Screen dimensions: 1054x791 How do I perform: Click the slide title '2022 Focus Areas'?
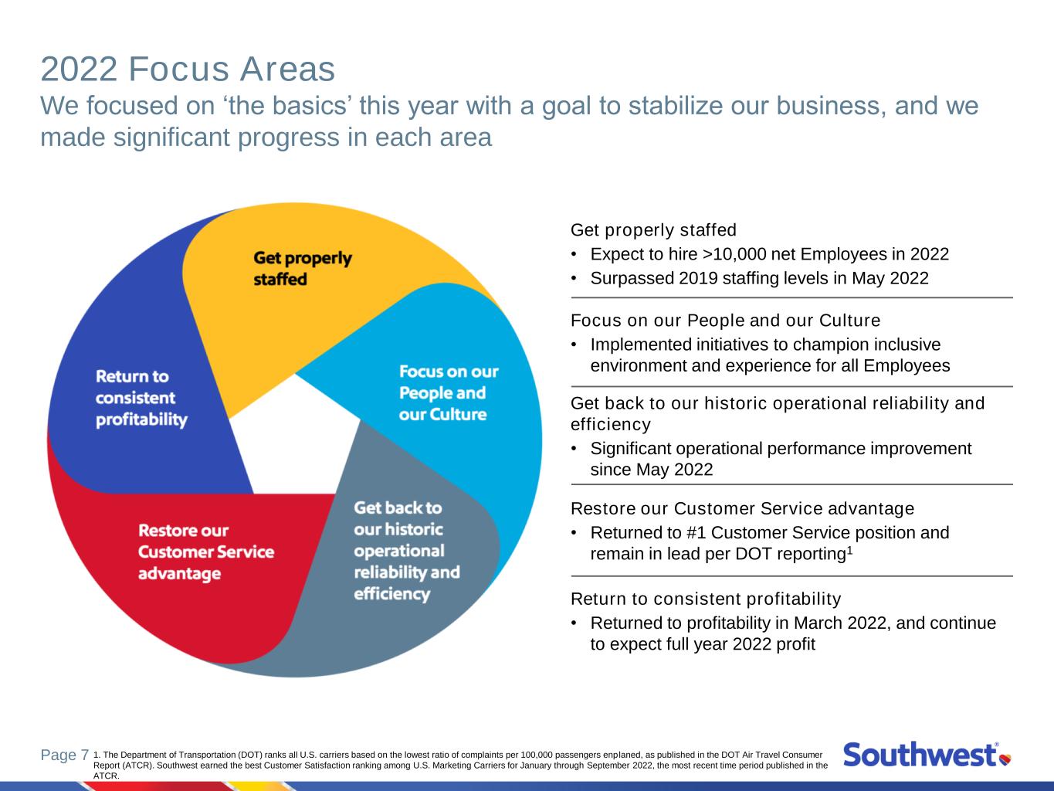tap(188, 69)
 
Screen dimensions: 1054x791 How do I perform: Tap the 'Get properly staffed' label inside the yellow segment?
tap(303, 268)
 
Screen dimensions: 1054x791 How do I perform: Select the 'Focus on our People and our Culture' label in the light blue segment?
tap(449, 393)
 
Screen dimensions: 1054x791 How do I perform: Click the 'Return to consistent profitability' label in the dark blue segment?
tap(141, 398)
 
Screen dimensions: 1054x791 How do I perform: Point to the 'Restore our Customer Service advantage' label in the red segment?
tap(206, 552)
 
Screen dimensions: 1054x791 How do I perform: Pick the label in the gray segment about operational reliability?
tap(407, 551)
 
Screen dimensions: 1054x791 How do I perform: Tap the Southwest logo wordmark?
tap(920, 755)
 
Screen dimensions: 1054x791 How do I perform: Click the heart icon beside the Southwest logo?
tap(1005, 759)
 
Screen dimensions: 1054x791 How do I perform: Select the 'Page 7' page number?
tap(65, 755)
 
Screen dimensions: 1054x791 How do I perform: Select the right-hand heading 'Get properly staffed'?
tap(653, 230)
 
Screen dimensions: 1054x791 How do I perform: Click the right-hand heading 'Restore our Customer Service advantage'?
tap(742, 508)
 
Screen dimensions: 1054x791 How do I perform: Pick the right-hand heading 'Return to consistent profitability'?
tap(706, 599)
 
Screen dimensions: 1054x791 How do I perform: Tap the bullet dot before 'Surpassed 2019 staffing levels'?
tap(574, 279)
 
